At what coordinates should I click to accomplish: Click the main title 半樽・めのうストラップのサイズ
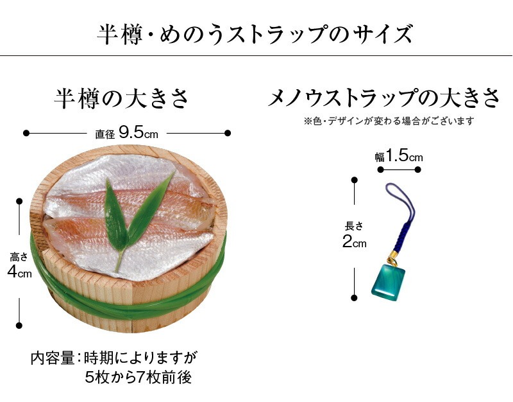256,33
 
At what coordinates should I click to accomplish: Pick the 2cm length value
354,242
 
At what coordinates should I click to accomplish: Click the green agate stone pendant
390,281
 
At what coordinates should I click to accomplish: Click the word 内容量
53,357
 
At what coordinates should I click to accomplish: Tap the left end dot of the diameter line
26,133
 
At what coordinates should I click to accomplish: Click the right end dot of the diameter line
228,133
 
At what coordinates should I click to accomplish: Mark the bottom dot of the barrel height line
20,325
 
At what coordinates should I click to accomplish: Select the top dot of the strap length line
354,181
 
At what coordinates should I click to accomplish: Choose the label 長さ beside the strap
354,226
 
